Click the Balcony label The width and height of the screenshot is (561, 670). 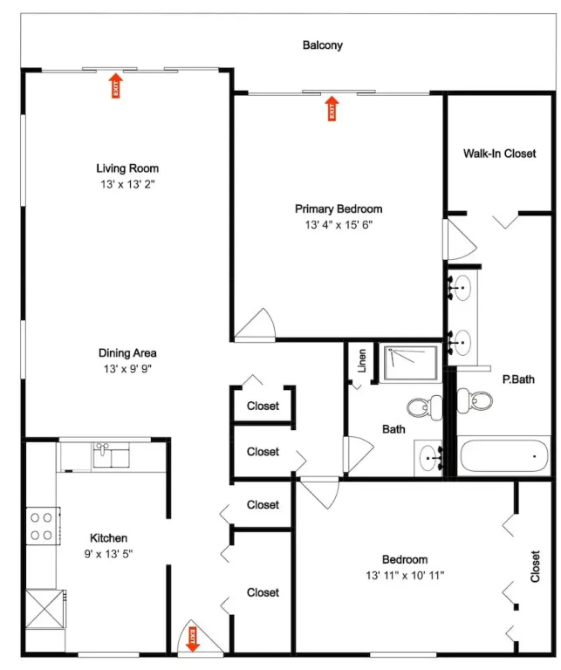(x=323, y=44)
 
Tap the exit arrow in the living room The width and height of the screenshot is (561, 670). (x=115, y=85)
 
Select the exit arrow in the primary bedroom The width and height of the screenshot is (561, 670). (x=332, y=108)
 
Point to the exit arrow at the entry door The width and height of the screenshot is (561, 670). (x=193, y=639)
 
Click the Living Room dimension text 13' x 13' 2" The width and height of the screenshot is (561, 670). (x=127, y=184)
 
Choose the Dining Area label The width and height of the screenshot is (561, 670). (x=127, y=353)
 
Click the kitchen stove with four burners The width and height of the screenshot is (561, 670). (x=43, y=526)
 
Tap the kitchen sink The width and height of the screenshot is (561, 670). (x=111, y=455)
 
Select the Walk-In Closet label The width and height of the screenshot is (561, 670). (x=499, y=154)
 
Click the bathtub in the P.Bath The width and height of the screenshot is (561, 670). (x=504, y=456)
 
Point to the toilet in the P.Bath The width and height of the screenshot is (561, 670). (x=475, y=400)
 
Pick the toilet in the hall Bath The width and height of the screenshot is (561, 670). (x=425, y=407)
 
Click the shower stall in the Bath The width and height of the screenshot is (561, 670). (x=411, y=363)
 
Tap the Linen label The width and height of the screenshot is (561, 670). (x=362, y=360)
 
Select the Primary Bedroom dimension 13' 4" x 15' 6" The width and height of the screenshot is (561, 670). (x=339, y=225)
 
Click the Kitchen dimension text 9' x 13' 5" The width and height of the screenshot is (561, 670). (x=108, y=554)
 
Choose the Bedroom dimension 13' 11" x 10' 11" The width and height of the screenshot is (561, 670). (x=405, y=575)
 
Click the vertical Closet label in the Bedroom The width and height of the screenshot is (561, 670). (x=535, y=566)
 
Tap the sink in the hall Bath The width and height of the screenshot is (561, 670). (x=429, y=458)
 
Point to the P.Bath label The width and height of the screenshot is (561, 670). (x=518, y=379)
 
